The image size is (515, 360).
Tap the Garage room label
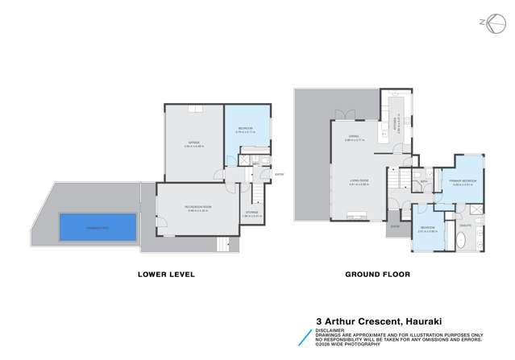click(x=193, y=144)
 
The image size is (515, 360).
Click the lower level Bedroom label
click(x=245, y=129)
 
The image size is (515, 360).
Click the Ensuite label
click(x=466, y=226)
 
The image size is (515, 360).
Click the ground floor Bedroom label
click(x=426, y=228)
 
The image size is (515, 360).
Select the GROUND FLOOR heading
click(x=378, y=275)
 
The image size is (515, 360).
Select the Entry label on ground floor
click(x=395, y=226)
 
